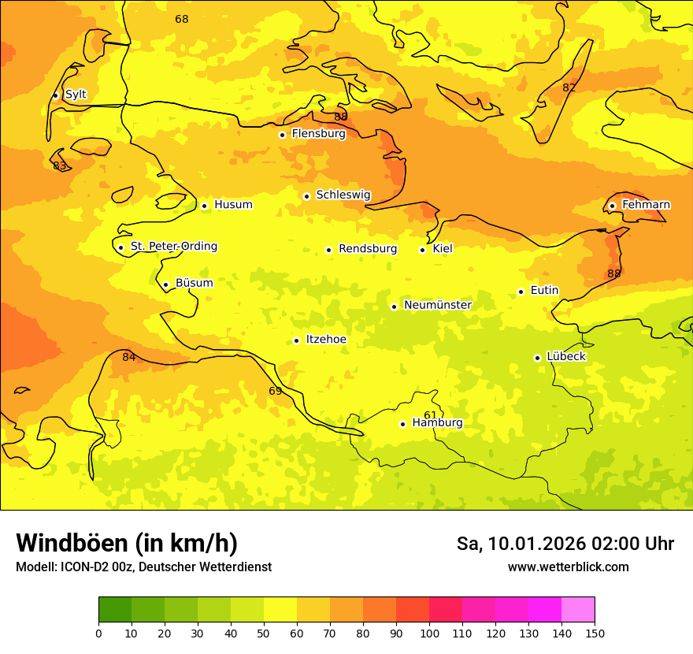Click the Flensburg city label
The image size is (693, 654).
[x=318, y=134]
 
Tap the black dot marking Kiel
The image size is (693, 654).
[x=423, y=250]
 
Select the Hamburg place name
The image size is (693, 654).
[x=437, y=423]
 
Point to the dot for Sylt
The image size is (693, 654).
[x=55, y=95]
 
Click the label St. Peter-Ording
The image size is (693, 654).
[x=173, y=247]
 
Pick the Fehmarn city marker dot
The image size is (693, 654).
[x=612, y=206]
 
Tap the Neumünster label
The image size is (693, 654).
[x=437, y=305]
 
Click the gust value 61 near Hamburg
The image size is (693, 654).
[x=430, y=415]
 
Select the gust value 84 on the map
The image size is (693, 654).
[x=129, y=358]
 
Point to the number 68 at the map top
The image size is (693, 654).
[x=182, y=19]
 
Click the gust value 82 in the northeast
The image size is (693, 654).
[x=569, y=87]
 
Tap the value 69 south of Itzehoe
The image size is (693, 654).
[x=276, y=391]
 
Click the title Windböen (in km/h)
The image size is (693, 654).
[x=127, y=544]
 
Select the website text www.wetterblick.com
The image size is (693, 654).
[x=568, y=567]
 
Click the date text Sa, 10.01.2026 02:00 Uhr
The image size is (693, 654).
[x=565, y=544]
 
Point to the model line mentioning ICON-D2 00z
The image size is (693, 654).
[x=143, y=567]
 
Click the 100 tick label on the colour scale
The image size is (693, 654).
[x=429, y=634]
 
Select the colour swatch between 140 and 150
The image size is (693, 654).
[x=578, y=610]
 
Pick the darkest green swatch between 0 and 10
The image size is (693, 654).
[x=115, y=610]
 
